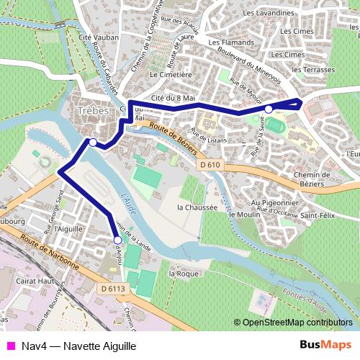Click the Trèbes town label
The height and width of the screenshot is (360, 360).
pos(91,112)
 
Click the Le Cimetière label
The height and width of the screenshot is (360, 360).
pos(170,73)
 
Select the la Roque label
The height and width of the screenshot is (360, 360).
pos(183,274)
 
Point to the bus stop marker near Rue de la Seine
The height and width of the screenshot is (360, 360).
pos(269,109)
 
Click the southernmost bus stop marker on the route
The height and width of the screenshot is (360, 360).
pos(117,239)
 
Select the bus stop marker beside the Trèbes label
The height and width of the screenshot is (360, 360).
pos(93,142)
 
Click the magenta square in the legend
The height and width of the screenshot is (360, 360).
pos(10,345)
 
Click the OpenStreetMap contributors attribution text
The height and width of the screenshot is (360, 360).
pos(297,323)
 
